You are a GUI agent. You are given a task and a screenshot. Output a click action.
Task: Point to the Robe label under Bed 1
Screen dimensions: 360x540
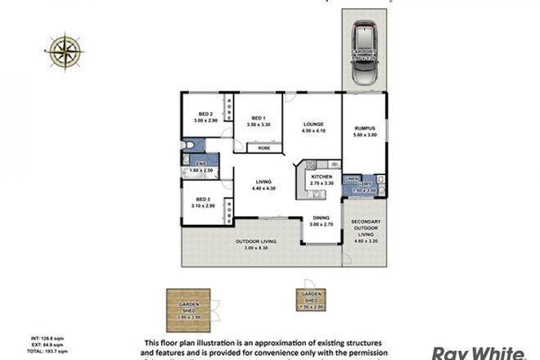[x=263, y=149]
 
